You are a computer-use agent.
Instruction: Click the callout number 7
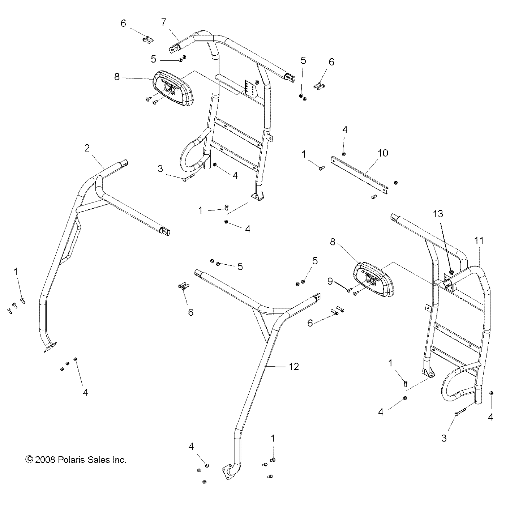(163, 22)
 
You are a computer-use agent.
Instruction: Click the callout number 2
(87, 148)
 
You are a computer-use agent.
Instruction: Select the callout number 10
(383, 153)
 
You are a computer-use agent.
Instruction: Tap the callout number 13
(438, 214)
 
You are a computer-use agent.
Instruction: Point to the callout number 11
(479, 240)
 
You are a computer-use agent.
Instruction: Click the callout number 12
(294, 366)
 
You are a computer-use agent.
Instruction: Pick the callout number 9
(330, 281)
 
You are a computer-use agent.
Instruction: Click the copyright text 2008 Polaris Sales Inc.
(76, 460)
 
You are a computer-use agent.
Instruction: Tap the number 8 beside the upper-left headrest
(116, 77)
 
